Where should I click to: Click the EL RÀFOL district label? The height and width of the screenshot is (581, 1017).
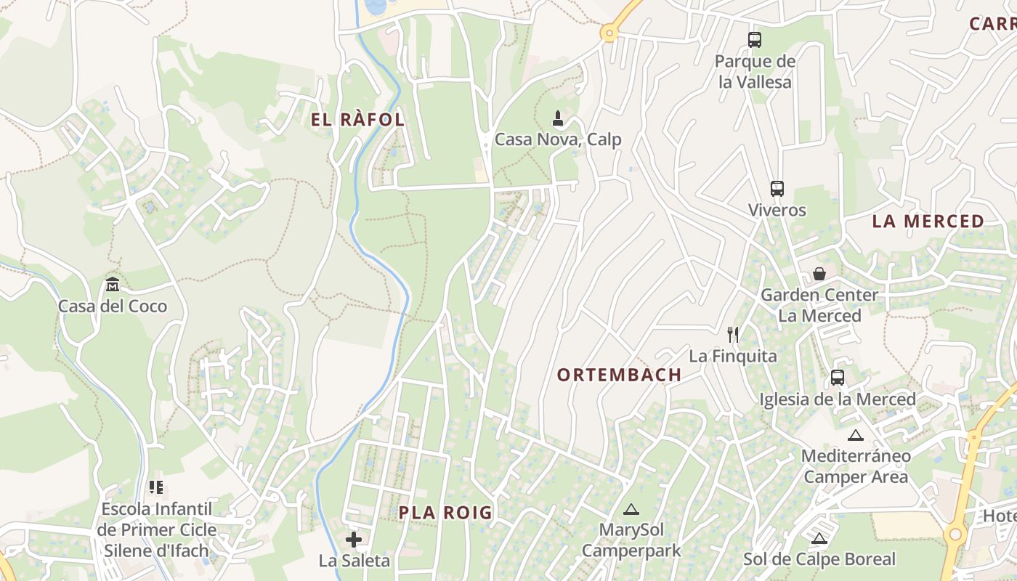click(358, 120)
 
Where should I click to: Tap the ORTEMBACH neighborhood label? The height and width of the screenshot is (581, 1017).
click(619, 375)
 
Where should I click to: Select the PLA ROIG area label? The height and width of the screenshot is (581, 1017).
click(445, 513)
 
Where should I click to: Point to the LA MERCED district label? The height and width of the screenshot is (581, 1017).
click(928, 222)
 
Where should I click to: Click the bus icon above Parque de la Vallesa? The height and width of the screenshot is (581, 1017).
click(755, 40)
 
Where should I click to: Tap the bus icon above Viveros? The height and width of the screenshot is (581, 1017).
click(777, 189)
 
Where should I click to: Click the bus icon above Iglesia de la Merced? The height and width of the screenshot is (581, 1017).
click(838, 378)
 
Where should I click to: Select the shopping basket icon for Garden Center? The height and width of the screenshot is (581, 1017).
click(819, 274)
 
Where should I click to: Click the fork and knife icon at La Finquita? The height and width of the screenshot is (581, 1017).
click(733, 335)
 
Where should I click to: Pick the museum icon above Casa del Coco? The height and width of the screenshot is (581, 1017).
click(112, 284)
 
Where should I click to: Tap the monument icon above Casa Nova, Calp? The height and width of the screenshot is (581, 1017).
click(558, 118)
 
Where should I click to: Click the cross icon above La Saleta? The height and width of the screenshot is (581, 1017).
click(354, 540)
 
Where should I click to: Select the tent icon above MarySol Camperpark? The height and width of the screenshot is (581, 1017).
click(631, 509)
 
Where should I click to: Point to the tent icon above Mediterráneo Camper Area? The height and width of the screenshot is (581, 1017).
click(855, 435)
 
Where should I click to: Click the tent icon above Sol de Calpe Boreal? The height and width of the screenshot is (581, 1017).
click(819, 538)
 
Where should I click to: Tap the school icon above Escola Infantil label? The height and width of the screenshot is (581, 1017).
click(156, 487)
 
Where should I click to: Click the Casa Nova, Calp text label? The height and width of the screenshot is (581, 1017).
click(558, 139)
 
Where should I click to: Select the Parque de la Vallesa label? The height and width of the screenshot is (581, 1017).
click(755, 72)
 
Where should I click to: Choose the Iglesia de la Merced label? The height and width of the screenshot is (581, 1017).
click(838, 399)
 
